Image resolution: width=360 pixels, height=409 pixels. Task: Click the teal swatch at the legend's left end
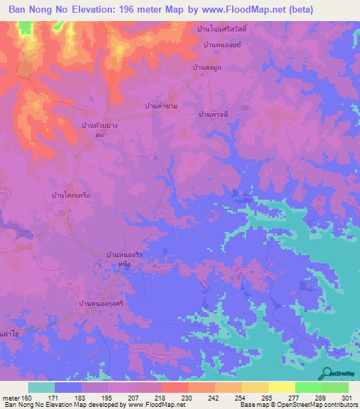tap(41, 387)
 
